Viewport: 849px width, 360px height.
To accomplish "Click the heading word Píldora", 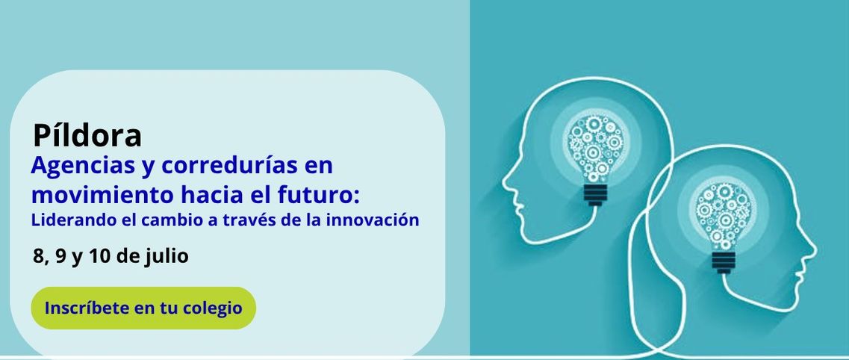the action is [87, 135].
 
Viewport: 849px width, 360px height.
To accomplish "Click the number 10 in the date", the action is [99, 256].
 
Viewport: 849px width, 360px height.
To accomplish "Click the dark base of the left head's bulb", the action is [595, 195].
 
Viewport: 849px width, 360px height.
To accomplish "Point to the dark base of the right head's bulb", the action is [724, 263].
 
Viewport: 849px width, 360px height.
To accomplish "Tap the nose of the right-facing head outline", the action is [813, 251].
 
